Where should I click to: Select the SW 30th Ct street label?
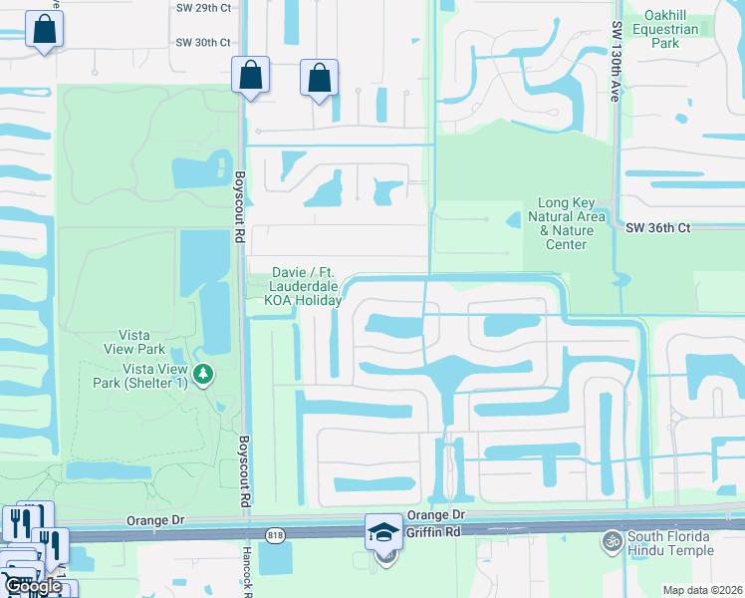pyautogui.click(x=203, y=43)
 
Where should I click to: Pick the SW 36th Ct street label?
pyautogui.click(x=658, y=227)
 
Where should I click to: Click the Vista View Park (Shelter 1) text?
pyautogui.click(x=155, y=376)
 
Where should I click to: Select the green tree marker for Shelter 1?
pyautogui.click(x=204, y=375)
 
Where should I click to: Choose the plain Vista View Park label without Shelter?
pyautogui.click(x=134, y=342)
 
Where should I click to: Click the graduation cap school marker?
pyautogui.click(x=383, y=532)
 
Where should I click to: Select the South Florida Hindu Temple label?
pyautogui.click(x=670, y=543)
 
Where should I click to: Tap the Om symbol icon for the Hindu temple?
pyautogui.click(x=611, y=543)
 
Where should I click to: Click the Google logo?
pyautogui.click(x=33, y=586)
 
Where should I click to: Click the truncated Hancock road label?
pyautogui.click(x=248, y=574)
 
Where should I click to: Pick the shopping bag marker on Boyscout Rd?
pyautogui.click(x=250, y=75)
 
